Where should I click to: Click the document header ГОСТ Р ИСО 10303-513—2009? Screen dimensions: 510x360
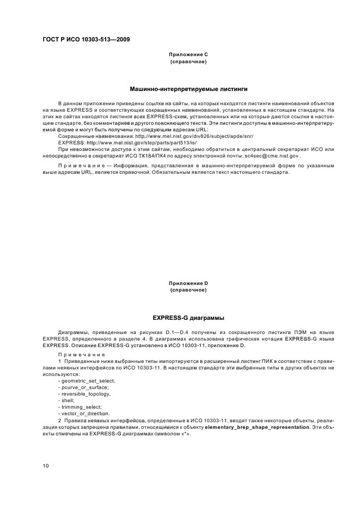pos(86,40)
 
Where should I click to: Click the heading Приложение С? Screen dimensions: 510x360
pos(188,55)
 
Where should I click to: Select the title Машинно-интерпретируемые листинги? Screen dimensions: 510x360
pos(188,88)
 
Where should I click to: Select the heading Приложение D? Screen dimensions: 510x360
pos(188,283)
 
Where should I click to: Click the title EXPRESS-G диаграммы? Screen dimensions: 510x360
pos(188,317)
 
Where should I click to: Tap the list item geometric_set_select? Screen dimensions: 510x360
pos(87,380)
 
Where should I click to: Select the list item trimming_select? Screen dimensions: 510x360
pos(80,407)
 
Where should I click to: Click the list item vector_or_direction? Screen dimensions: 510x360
pos(83,414)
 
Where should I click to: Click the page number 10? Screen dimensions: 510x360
pos(46,466)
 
